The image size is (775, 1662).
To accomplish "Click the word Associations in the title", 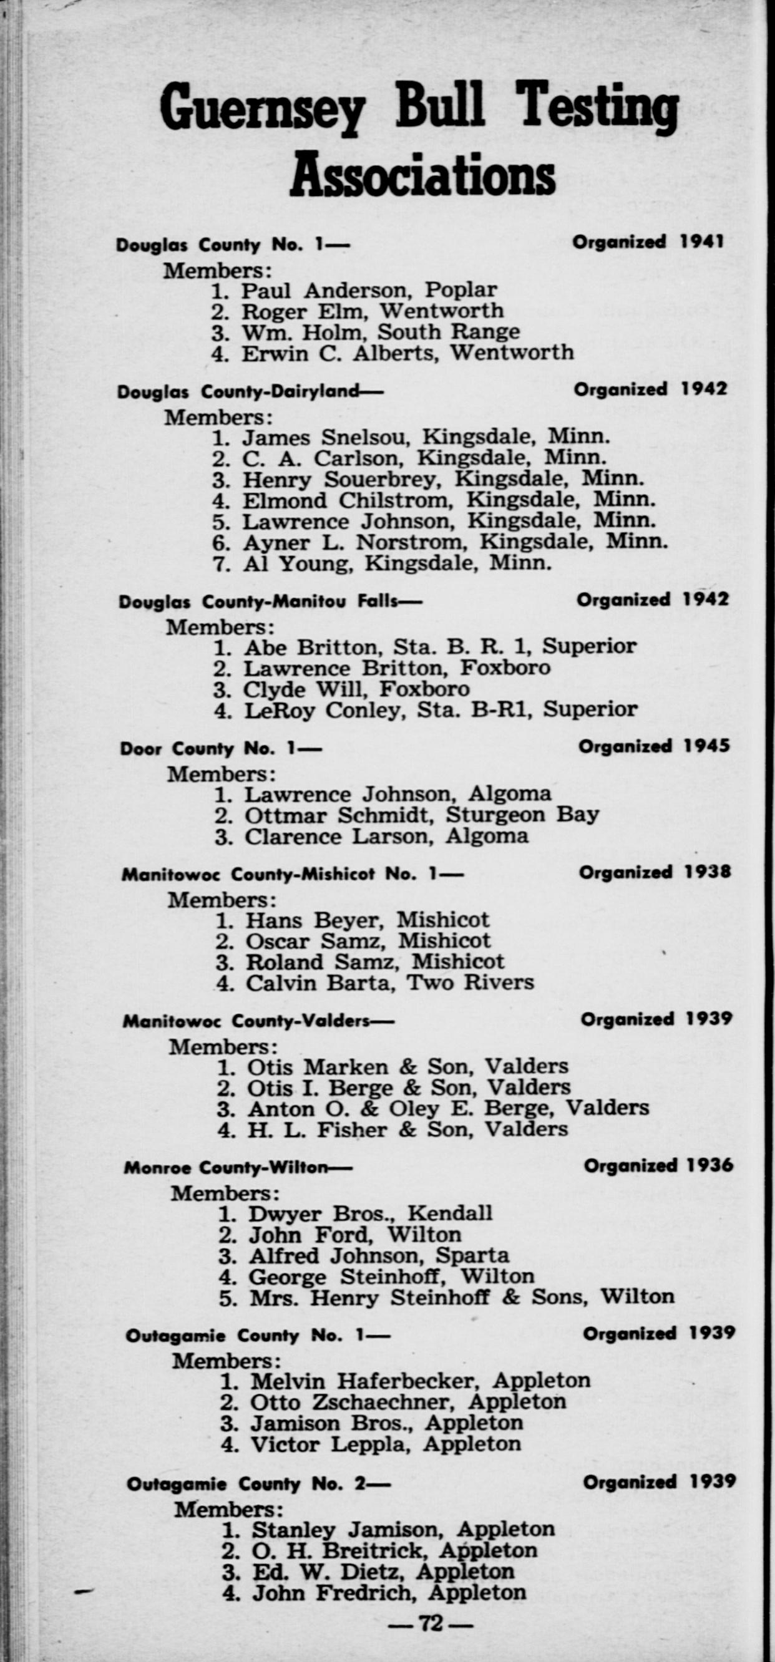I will click(x=422, y=175).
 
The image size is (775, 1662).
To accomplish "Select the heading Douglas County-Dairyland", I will click(x=239, y=392).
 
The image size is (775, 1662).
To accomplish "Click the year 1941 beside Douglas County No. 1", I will click(x=702, y=242).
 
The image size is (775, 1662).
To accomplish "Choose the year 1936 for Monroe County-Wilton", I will click(x=711, y=1166).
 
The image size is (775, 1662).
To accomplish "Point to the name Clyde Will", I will click(x=305, y=690).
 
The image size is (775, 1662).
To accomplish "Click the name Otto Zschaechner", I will click(x=355, y=1402).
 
